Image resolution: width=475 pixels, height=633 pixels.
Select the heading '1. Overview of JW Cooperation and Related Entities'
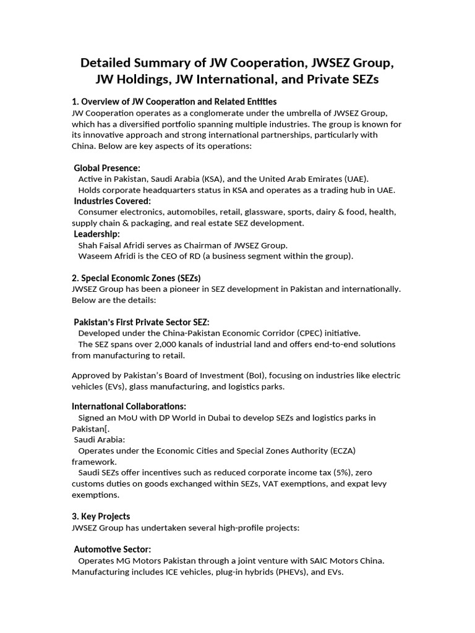(x=174, y=101)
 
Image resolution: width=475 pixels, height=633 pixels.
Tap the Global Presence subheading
(x=107, y=168)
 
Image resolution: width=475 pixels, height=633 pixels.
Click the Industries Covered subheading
(x=113, y=201)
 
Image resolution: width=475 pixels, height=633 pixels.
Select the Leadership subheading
(x=97, y=234)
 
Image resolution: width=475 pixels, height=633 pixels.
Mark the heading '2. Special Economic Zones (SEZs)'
(x=136, y=278)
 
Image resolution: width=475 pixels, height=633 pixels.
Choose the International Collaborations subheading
(x=129, y=406)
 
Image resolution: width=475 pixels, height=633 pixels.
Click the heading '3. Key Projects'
(x=101, y=516)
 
